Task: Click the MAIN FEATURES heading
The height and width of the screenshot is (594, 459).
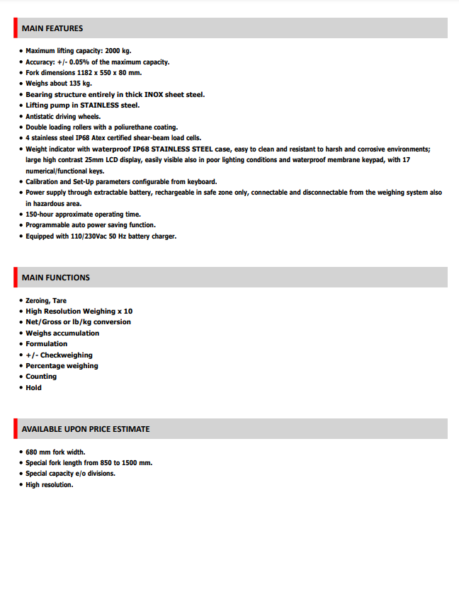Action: pyautogui.click(x=52, y=28)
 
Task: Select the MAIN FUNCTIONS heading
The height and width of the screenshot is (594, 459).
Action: pyautogui.click(x=56, y=278)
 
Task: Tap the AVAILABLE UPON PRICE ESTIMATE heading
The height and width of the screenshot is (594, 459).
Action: pyautogui.click(x=86, y=429)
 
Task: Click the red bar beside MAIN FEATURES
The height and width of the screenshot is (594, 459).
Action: pyautogui.click(x=15, y=28)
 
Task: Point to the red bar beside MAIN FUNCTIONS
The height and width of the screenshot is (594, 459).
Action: pyautogui.click(x=15, y=278)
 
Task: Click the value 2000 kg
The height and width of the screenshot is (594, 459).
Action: pyautogui.click(x=118, y=51)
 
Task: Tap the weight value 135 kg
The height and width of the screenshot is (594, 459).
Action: pyautogui.click(x=81, y=84)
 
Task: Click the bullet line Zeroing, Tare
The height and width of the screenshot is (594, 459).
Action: pyautogui.click(x=46, y=301)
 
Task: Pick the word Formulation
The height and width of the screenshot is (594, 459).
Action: pyautogui.click(x=47, y=344)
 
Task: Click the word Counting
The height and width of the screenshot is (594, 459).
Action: pyautogui.click(x=41, y=377)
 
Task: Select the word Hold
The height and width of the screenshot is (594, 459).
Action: pyautogui.click(x=34, y=387)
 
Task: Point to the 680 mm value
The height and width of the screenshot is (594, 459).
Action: pyautogui.click(x=39, y=452)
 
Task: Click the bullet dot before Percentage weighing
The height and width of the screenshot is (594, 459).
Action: pyautogui.click(x=21, y=366)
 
